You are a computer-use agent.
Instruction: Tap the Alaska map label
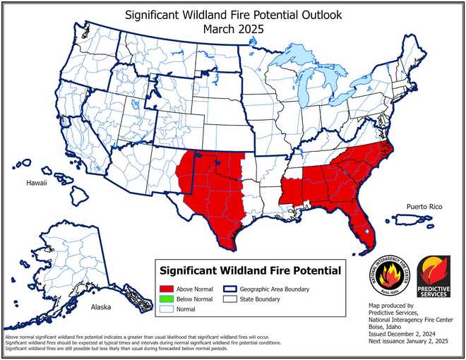(x=101, y=308)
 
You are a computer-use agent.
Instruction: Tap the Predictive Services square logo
(x=434, y=276)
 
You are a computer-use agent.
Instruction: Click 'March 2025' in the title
(x=232, y=29)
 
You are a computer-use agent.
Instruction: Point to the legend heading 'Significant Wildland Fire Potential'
(x=250, y=270)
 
